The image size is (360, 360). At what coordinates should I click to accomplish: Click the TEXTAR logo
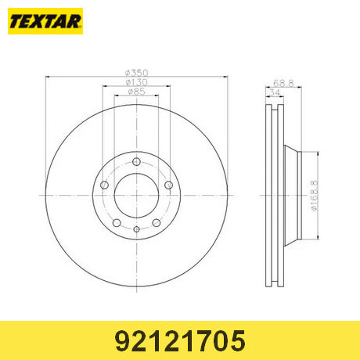45,21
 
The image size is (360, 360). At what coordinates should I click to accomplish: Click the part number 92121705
180,340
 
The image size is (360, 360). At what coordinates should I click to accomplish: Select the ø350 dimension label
136,73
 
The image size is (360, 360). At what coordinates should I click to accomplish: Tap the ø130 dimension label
136,82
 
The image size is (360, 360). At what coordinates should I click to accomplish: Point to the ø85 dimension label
136,92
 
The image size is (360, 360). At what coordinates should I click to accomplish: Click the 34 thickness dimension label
275,92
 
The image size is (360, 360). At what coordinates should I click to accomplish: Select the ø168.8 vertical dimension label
314,196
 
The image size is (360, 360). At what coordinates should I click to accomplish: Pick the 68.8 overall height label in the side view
283,83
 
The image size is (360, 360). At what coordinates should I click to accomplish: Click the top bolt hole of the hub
136,162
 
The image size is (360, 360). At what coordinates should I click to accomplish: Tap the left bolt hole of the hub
104,185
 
